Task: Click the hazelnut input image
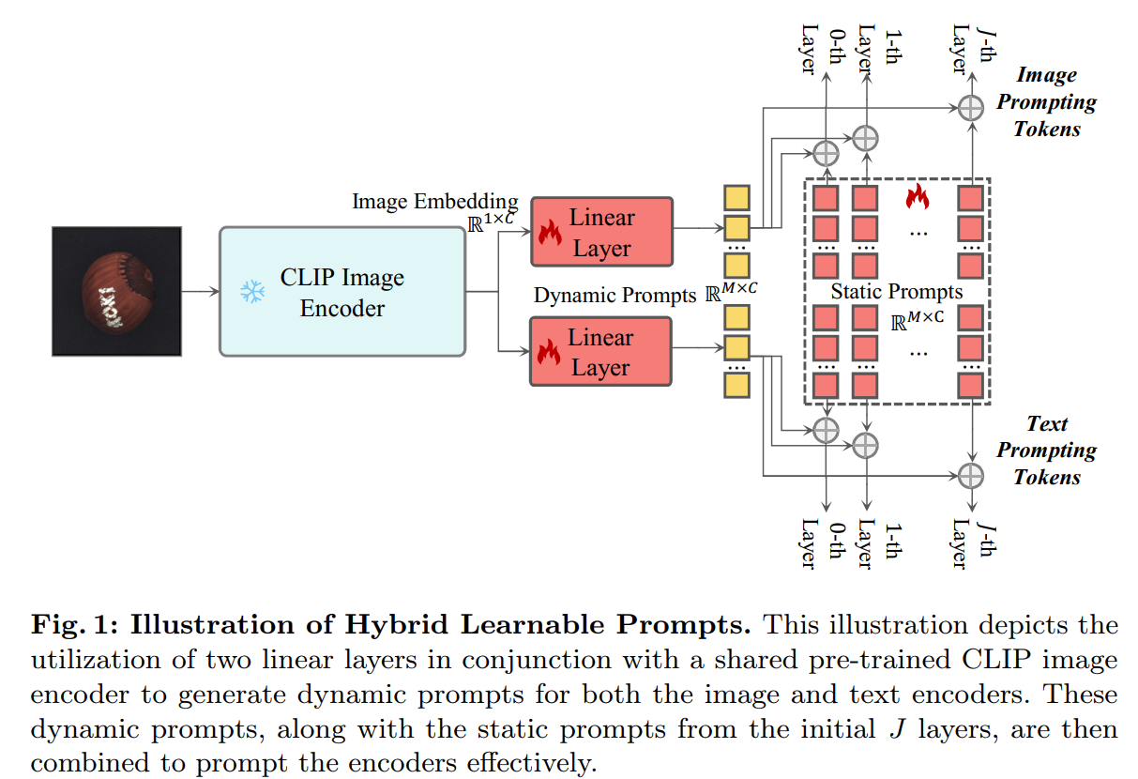point(116,291)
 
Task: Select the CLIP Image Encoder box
point(342,292)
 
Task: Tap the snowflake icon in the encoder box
point(251,292)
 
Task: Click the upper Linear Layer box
point(601,232)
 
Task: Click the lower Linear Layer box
point(601,352)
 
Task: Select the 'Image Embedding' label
point(434,201)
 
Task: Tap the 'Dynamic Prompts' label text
point(615,295)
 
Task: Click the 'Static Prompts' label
point(896,292)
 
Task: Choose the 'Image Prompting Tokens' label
point(1046,101)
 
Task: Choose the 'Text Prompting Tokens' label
point(1046,450)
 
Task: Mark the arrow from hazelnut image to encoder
point(200,292)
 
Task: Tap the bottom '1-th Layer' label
point(875,542)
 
